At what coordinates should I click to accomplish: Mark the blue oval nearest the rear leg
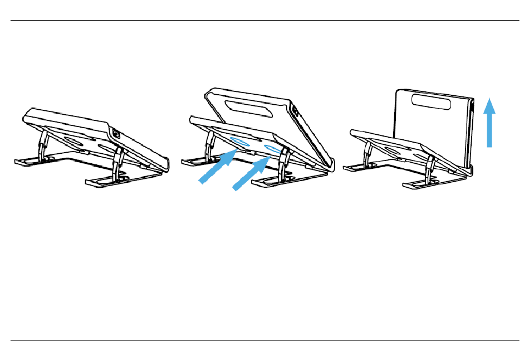coord(240,142)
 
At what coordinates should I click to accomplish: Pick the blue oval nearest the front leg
coord(273,149)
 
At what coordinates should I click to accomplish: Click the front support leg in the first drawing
coord(117,164)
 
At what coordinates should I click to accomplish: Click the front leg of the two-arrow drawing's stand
coord(284,164)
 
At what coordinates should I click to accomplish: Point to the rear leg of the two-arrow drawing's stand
coord(209,147)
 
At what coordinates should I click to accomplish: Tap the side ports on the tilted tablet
coord(295,112)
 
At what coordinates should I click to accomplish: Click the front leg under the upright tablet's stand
coord(431,167)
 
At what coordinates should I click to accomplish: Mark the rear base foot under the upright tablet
coord(356,166)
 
